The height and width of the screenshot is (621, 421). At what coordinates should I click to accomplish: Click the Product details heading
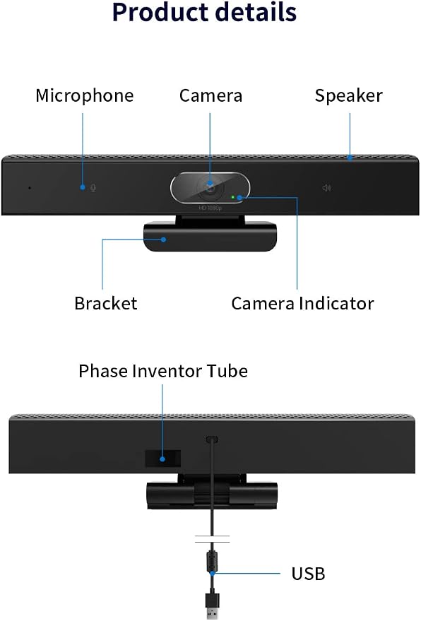(204, 12)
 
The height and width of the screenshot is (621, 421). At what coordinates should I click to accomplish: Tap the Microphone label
(85, 96)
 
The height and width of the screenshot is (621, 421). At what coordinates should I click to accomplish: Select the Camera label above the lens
(210, 96)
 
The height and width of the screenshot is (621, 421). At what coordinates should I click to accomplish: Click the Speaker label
(348, 96)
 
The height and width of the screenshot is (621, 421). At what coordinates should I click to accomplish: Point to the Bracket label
(106, 303)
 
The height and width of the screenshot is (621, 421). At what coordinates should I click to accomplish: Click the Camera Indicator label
(302, 303)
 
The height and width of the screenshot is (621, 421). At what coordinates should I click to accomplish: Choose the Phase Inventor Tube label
(163, 371)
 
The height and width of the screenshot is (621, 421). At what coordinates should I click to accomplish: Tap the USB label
(308, 574)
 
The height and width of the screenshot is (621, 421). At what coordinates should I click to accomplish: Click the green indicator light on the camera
(233, 197)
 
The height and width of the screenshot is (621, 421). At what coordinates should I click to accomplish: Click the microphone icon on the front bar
(93, 187)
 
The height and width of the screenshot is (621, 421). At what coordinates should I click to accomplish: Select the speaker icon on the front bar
(326, 188)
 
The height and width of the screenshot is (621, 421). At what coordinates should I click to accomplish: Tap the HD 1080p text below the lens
(210, 208)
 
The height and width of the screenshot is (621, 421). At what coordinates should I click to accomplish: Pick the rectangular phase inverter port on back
(162, 459)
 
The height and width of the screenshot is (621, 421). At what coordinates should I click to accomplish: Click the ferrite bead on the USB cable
(212, 559)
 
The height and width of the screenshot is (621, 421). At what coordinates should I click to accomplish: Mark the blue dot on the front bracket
(163, 239)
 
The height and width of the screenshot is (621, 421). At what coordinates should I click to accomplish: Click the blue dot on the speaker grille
(350, 158)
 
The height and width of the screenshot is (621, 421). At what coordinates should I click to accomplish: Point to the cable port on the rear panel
(213, 439)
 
